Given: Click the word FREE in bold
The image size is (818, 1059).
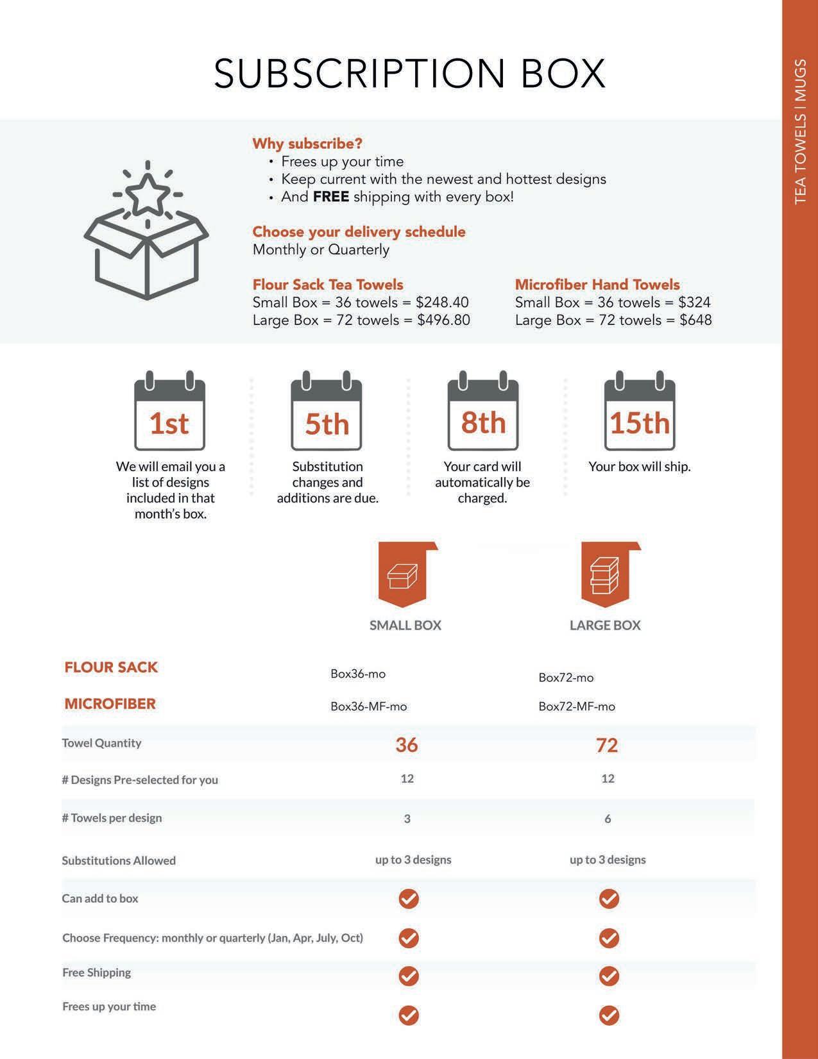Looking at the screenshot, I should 331,197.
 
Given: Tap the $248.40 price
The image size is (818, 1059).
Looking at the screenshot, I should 442,303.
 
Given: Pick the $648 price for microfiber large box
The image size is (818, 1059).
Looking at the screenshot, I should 695,320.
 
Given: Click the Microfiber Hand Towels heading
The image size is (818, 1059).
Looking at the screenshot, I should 597,285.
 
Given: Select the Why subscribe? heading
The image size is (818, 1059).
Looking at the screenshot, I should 307,144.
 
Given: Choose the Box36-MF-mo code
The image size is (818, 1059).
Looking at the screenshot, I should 369,706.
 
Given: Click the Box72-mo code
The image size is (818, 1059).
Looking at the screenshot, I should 566,678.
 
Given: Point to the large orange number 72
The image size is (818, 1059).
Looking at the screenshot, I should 607,745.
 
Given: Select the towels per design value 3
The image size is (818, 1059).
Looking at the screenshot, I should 407,819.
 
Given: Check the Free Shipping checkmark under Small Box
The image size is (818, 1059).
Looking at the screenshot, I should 409,976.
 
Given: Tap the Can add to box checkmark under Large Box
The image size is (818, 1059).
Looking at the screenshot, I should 608,899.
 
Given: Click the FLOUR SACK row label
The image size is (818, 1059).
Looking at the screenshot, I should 111,667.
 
